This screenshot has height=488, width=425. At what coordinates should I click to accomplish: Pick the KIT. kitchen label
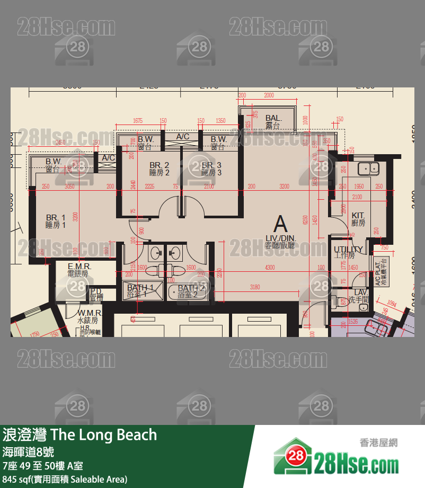point(358,215)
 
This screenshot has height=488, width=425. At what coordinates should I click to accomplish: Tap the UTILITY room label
point(348,249)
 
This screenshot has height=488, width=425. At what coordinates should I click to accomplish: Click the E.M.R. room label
point(79,267)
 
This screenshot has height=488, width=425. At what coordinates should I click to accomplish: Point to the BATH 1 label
point(139,288)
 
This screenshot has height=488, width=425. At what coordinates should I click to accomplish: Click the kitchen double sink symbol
point(367,168)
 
